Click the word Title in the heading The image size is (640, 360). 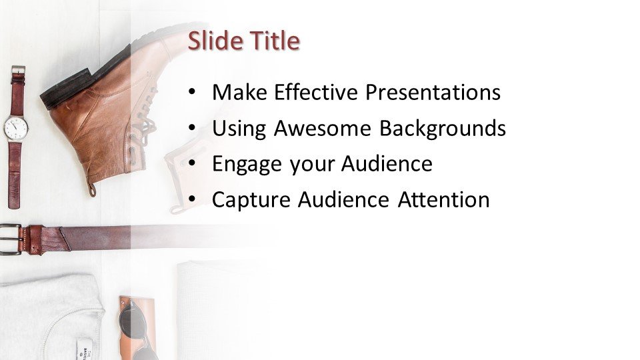pos(275,41)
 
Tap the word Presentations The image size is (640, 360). pos(433,92)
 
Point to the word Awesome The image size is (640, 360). pos(323,128)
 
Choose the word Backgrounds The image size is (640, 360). pos(443,129)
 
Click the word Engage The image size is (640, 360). pos(247,165)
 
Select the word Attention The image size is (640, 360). pos(444,199)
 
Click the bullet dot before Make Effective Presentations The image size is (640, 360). pos(192,92)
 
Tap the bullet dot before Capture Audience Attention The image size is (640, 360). pos(192,199)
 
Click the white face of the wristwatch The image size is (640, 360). pos(16,128)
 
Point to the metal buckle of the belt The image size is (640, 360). pos(11,239)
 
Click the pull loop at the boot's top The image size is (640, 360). pos(91,189)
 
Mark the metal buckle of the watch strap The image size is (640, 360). pos(18,70)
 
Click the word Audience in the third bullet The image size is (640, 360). pos(387,164)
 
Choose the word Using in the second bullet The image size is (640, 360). pos(239,129)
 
